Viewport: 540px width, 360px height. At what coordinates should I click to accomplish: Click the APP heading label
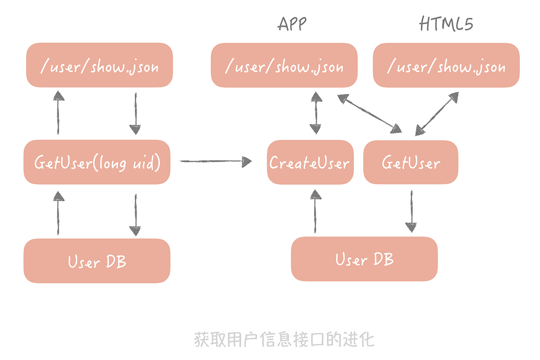point(292,24)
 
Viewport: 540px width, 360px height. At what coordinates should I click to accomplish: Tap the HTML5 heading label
point(445,24)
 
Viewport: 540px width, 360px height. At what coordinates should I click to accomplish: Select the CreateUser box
point(310,162)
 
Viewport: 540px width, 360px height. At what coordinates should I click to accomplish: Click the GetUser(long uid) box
point(97,162)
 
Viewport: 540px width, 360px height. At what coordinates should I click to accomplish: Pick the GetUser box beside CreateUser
point(410,162)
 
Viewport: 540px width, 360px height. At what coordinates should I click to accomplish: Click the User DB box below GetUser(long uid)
point(97,261)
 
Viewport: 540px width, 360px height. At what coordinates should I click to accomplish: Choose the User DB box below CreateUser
point(364,259)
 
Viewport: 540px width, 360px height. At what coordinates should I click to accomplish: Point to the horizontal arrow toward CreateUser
point(216,162)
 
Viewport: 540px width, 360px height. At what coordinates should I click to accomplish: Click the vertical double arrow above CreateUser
point(316,113)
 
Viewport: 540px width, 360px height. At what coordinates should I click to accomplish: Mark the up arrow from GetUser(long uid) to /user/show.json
point(58,113)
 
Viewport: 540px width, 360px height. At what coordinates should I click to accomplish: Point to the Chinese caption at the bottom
point(284,339)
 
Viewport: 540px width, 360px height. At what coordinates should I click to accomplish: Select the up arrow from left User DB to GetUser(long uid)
point(58,214)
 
